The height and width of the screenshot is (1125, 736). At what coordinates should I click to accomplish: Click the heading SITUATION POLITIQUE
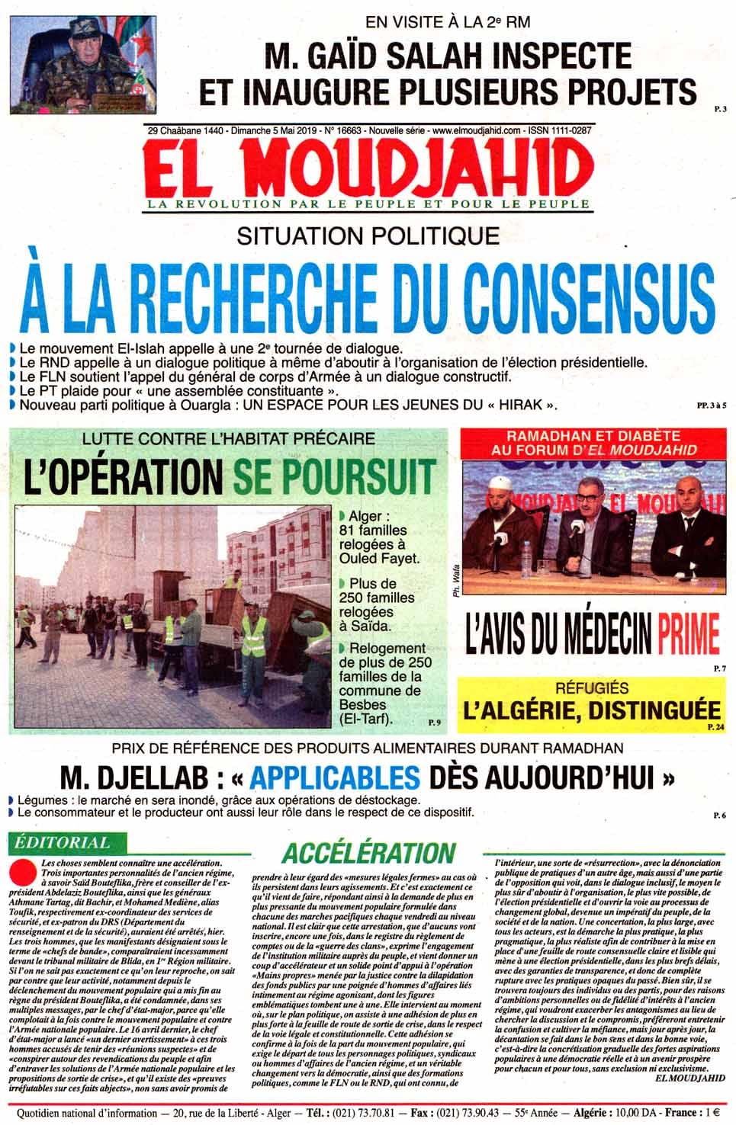click(x=368, y=236)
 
